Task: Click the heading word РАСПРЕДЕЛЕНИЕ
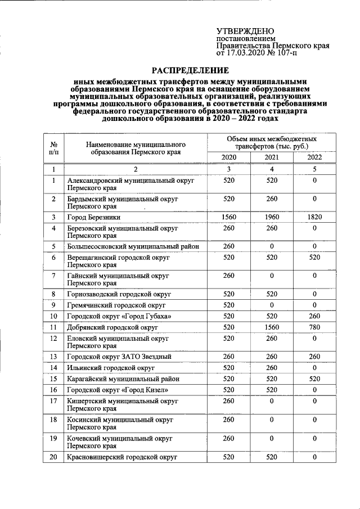(x=191, y=70)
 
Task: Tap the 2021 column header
(x=272, y=157)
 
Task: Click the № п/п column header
(x=53, y=147)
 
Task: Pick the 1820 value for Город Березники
(x=314, y=217)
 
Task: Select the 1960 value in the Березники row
(x=272, y=217)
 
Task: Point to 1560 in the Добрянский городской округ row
(x=272, y=326)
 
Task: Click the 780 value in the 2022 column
(x=314, y=326)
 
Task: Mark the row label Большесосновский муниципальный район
(x=133, y=246)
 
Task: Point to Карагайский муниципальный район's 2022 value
(x=314, y=379)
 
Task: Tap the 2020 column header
(x=229, y=157)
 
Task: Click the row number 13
(x=53, y=357)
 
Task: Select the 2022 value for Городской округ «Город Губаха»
(x=314, y=316)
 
